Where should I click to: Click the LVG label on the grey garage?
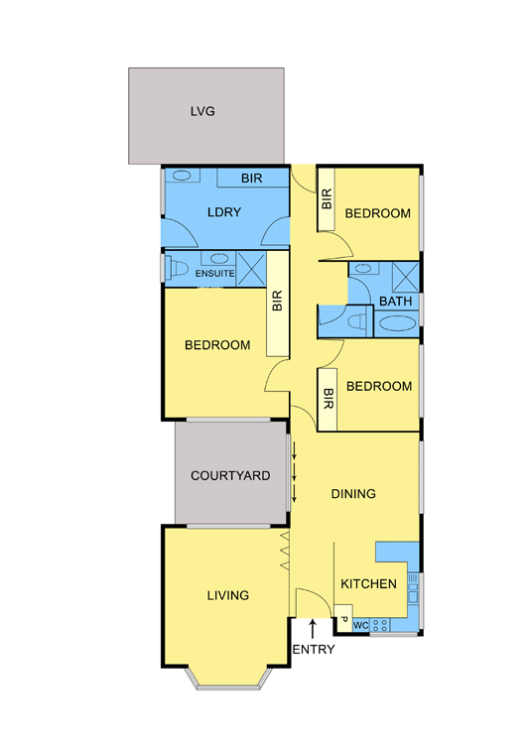pyautogui.click(x=202, y=111)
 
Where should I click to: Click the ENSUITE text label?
pyautogui.click(x=214, y=272)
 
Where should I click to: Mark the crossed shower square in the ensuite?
pyautogui.click(x=251, y=268)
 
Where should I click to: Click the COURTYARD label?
pyautogui.click(x=230, y=476)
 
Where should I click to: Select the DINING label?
pyautogui.click(x=353, y=493)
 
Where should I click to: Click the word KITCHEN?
pyautogui.click(x=369, y=584)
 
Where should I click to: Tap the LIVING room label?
pyautogui.click(x=227, y=595)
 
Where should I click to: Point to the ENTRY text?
pyautogui.click(x=314, y=650)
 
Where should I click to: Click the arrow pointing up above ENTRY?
pyautogui.click(x=314, y=626)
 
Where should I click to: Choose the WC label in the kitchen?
pyautogui.click(x=360, y=625)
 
